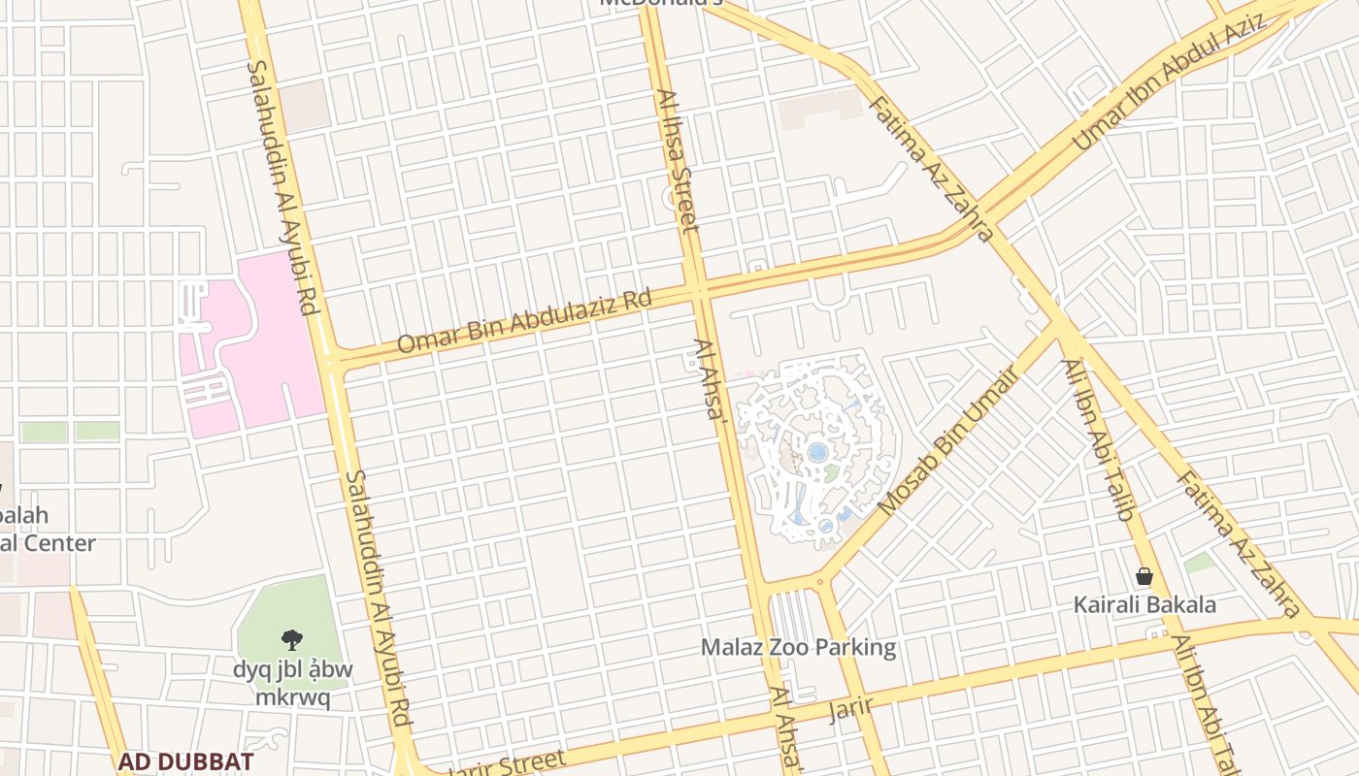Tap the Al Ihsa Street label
pos(678,161)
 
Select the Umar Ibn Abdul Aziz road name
pos(1169,83)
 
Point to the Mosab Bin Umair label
pos(945,442)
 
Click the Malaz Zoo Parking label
pos(798,647)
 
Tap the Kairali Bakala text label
pos(1144,605)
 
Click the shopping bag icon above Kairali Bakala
pos(1144,577)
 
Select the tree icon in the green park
pos(291,639)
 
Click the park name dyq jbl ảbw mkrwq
pos(292,683)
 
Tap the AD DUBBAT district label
pos(186,761)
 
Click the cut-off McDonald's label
pos(662,3)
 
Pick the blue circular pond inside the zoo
pos(817,452)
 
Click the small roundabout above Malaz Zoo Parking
pos(821,583)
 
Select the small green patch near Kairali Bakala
pos(1200,562)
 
